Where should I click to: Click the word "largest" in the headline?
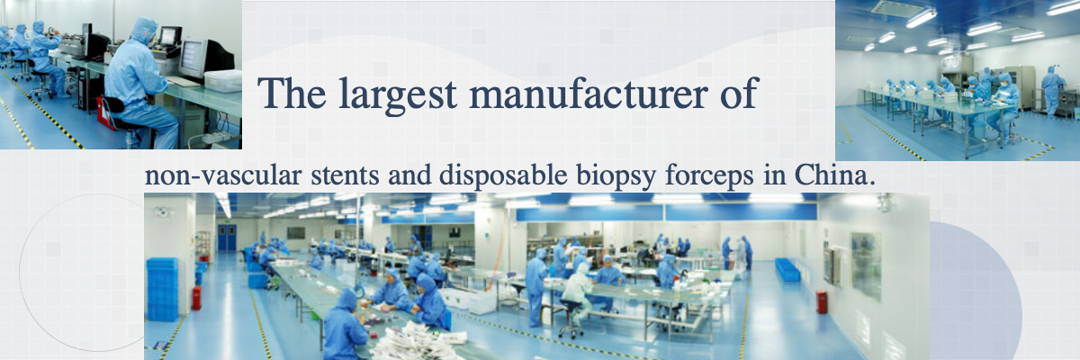(x=398, y=94)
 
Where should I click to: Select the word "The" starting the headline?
(x=292, y=93)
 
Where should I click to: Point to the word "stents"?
(x=345, y=175)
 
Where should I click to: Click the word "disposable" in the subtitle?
(x=503, y=175)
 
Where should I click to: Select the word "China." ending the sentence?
(x=834, y=175)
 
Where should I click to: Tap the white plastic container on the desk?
(x=223, y=81)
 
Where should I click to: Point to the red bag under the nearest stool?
(x=106, y=114)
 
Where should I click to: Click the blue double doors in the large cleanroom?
(x=227, y=238)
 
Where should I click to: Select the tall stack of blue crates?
(x=163, y=289)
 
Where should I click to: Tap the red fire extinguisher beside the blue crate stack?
(x=197, y=297)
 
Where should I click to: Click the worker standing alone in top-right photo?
(x=1052, y=92)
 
